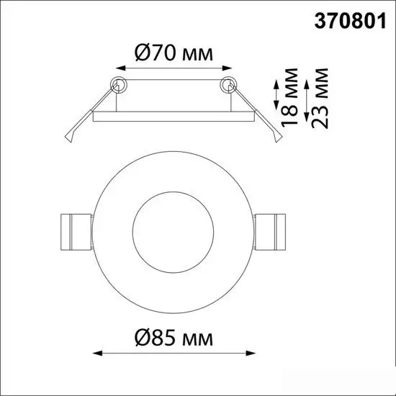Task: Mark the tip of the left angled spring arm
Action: tap(69, 142)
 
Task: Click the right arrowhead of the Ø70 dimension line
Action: tap(229, 68)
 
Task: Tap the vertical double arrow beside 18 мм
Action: tap(277, 96)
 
